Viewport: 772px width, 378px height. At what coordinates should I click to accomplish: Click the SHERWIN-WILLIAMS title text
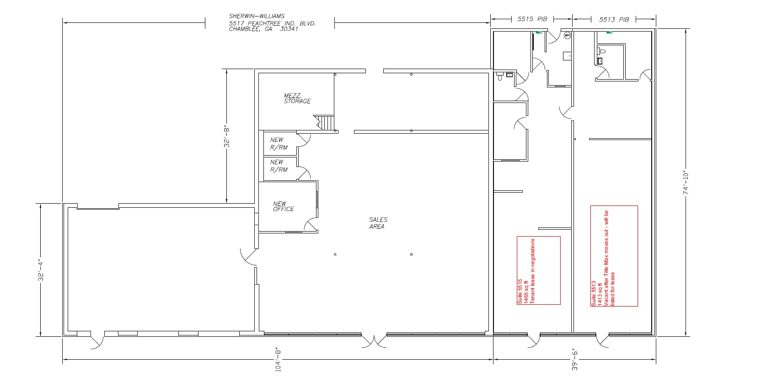coord(257,16)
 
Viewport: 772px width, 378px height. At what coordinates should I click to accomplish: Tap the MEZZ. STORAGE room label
coord(297,98)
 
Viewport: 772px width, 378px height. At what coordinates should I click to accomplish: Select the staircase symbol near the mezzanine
coord(325,123)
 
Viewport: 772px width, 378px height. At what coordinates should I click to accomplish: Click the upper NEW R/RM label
coord(279,144)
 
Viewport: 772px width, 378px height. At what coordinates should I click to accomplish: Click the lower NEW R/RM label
coord(279,166)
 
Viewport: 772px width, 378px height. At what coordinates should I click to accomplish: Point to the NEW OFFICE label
coord(284,206)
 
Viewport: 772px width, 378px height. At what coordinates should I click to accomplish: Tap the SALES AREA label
coord(378,223)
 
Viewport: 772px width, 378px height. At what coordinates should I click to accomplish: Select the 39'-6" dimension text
coord(574,360)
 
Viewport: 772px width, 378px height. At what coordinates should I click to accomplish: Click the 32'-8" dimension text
coord(227,136)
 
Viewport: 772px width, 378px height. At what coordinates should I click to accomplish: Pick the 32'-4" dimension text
coord(41,270)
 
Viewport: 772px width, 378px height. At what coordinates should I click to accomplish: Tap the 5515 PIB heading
coord(532,19)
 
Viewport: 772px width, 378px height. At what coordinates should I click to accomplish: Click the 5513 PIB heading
coord(614,20)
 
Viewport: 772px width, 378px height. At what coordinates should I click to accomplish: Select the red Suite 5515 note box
coord(538,270)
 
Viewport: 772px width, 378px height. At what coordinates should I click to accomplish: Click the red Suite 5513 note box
coord(614,256)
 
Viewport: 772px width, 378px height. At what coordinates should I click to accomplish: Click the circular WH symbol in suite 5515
coord(567,35)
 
